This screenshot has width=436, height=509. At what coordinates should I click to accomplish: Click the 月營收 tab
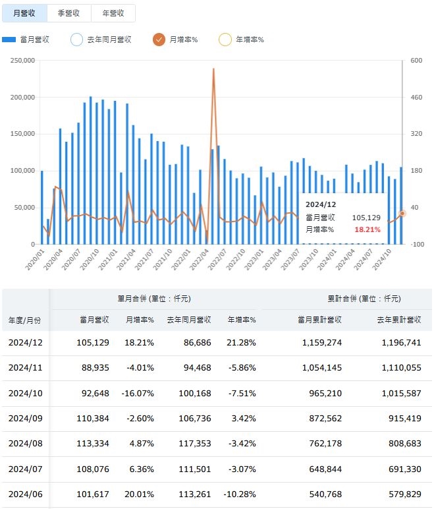point(24,13)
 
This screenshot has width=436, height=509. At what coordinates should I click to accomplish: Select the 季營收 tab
point(69,13)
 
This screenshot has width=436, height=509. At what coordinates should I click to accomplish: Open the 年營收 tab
point(113,13)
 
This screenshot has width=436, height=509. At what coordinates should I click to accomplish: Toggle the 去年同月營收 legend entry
point(76,40)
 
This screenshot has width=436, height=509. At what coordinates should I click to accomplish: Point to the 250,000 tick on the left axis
point(23,61)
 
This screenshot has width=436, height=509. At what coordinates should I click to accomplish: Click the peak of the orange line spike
point(213,69)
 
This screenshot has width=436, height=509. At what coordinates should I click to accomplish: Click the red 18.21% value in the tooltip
point(367,229)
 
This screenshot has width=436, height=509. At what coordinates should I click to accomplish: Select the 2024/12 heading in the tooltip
point(321,204)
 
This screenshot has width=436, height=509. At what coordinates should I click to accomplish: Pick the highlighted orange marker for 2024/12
point(402,213)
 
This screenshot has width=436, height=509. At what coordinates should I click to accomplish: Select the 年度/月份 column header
point(25,320)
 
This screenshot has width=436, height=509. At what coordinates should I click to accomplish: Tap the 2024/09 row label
point(25,419)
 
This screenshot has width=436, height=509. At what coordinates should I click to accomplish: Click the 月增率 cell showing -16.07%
point(138,393)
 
